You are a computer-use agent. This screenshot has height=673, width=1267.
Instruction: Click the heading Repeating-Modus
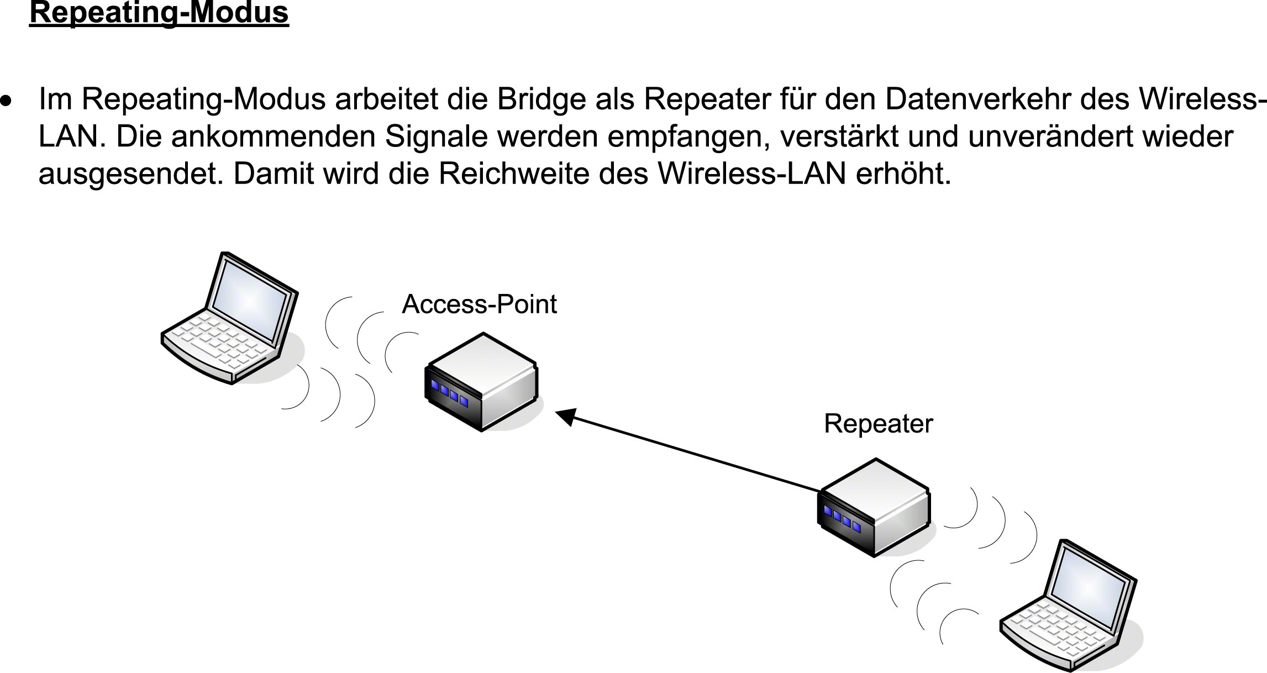click(x=159, y=13)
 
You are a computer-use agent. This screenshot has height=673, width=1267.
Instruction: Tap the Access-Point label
click(x=479, y=304)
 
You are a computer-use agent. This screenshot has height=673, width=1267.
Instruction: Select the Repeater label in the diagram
click(x=878, y=424)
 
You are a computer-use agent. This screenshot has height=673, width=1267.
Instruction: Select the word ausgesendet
click(x=132, y=175)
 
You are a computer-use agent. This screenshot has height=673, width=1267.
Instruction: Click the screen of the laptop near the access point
click(x=250, y=302)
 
